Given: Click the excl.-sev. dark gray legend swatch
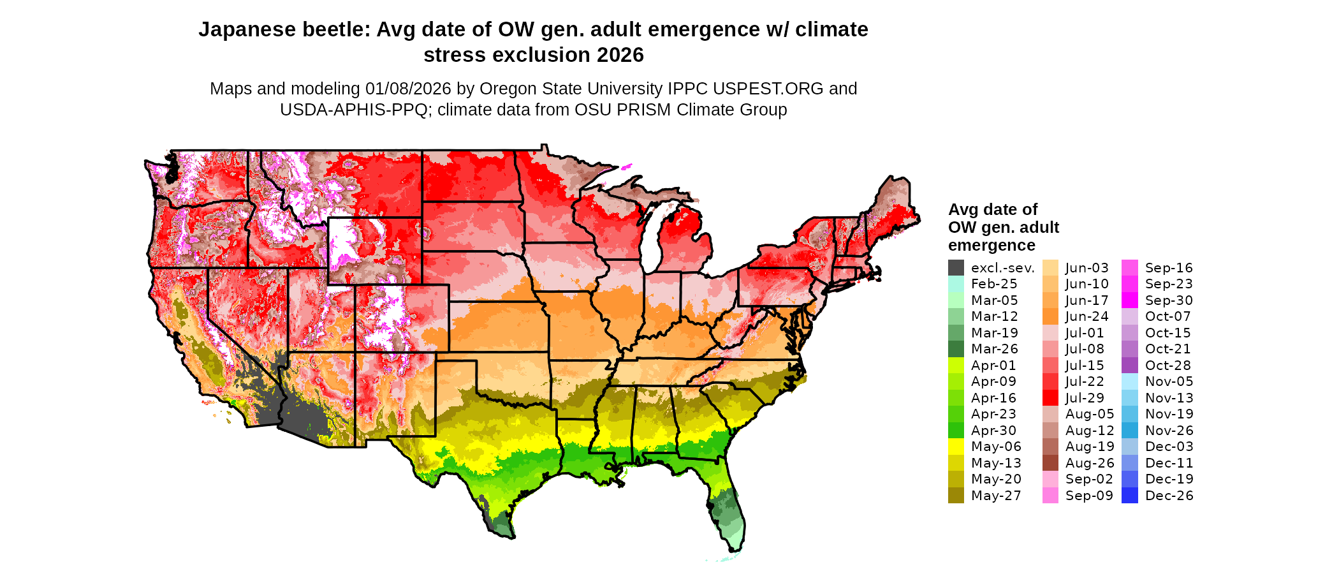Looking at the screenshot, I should [x=956, y=268].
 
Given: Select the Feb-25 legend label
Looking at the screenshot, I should [x=994, y=284].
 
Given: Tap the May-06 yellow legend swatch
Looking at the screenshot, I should [x=956, y=447].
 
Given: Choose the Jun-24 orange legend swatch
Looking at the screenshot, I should [x=1050, y=316].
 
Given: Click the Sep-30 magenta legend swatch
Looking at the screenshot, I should [x=1129, y=300].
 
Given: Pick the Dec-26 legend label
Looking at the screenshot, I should [x=1169, y=496].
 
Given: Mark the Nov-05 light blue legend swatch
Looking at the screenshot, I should [x=1129, y=381].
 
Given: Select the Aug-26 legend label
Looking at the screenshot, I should [x=1090, y=463].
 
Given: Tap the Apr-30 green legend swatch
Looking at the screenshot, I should [x=956, y=431].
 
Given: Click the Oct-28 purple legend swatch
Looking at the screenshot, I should [x=1129, y=366].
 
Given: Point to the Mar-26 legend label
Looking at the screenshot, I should [x=994, y=349].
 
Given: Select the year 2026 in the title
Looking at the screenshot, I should [x=620, y=55].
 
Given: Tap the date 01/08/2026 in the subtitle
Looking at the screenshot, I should [x=408, y=89].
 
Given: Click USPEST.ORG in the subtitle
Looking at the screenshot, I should [x=770, y=89].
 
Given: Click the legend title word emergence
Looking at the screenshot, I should [x=991, y=246].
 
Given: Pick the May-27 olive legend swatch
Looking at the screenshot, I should [x=956, y=496].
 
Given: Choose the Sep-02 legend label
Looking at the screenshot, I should [x=1089, y=479].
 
